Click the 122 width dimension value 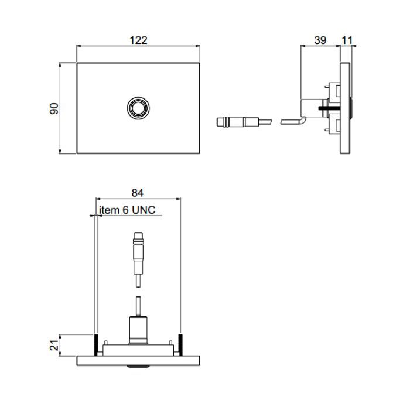pos(138,40)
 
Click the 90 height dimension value pos(54,109)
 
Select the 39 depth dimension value pos(320,40)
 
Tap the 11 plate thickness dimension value pos(347,40)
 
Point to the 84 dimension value pos(138,193)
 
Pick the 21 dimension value pos(54,345)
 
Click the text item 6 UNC pos(127,210)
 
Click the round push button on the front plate pos(138,108)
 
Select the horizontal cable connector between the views pos(244,122)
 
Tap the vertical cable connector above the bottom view pos(138,259)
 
